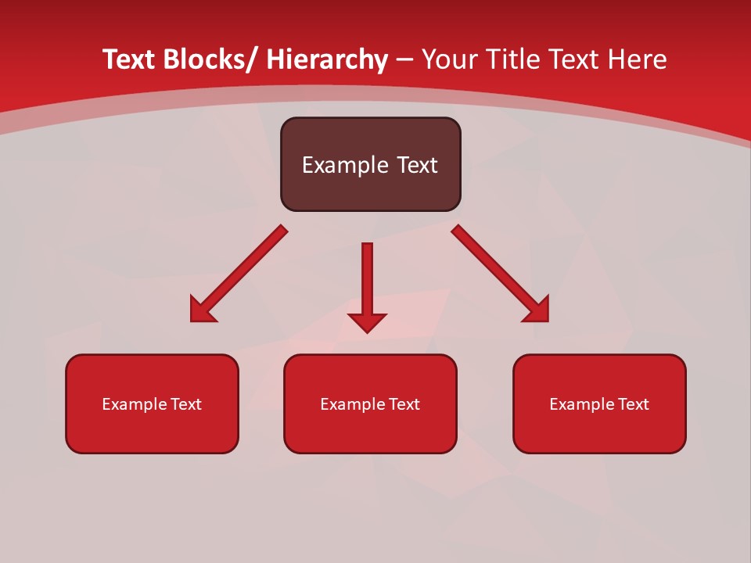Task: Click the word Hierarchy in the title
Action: (327, 59)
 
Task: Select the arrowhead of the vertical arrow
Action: (367, 321)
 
